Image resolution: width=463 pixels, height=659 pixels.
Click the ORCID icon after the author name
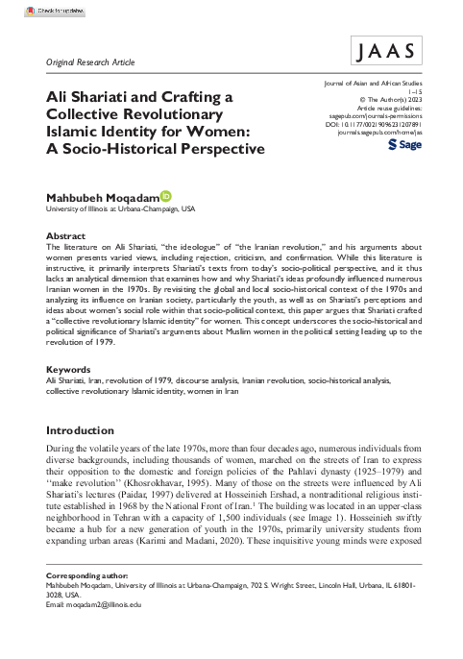166,196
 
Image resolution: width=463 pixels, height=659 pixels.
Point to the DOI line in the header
387,123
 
